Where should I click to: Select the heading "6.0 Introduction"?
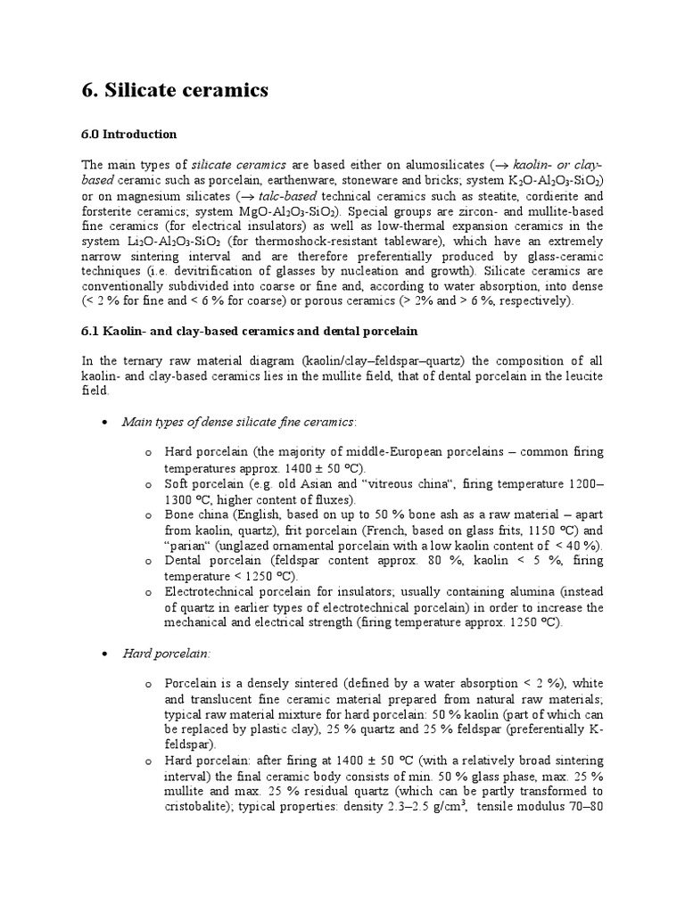click(x=128, y=135)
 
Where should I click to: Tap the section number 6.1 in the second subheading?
click(x=92, y=332)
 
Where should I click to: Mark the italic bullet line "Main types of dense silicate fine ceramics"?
click(x=238, y=421)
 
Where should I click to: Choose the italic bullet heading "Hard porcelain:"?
click(x=165, y=654)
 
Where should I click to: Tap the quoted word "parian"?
click(x=189, y=545)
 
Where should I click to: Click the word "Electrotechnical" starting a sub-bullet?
click(x=214, y=591)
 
